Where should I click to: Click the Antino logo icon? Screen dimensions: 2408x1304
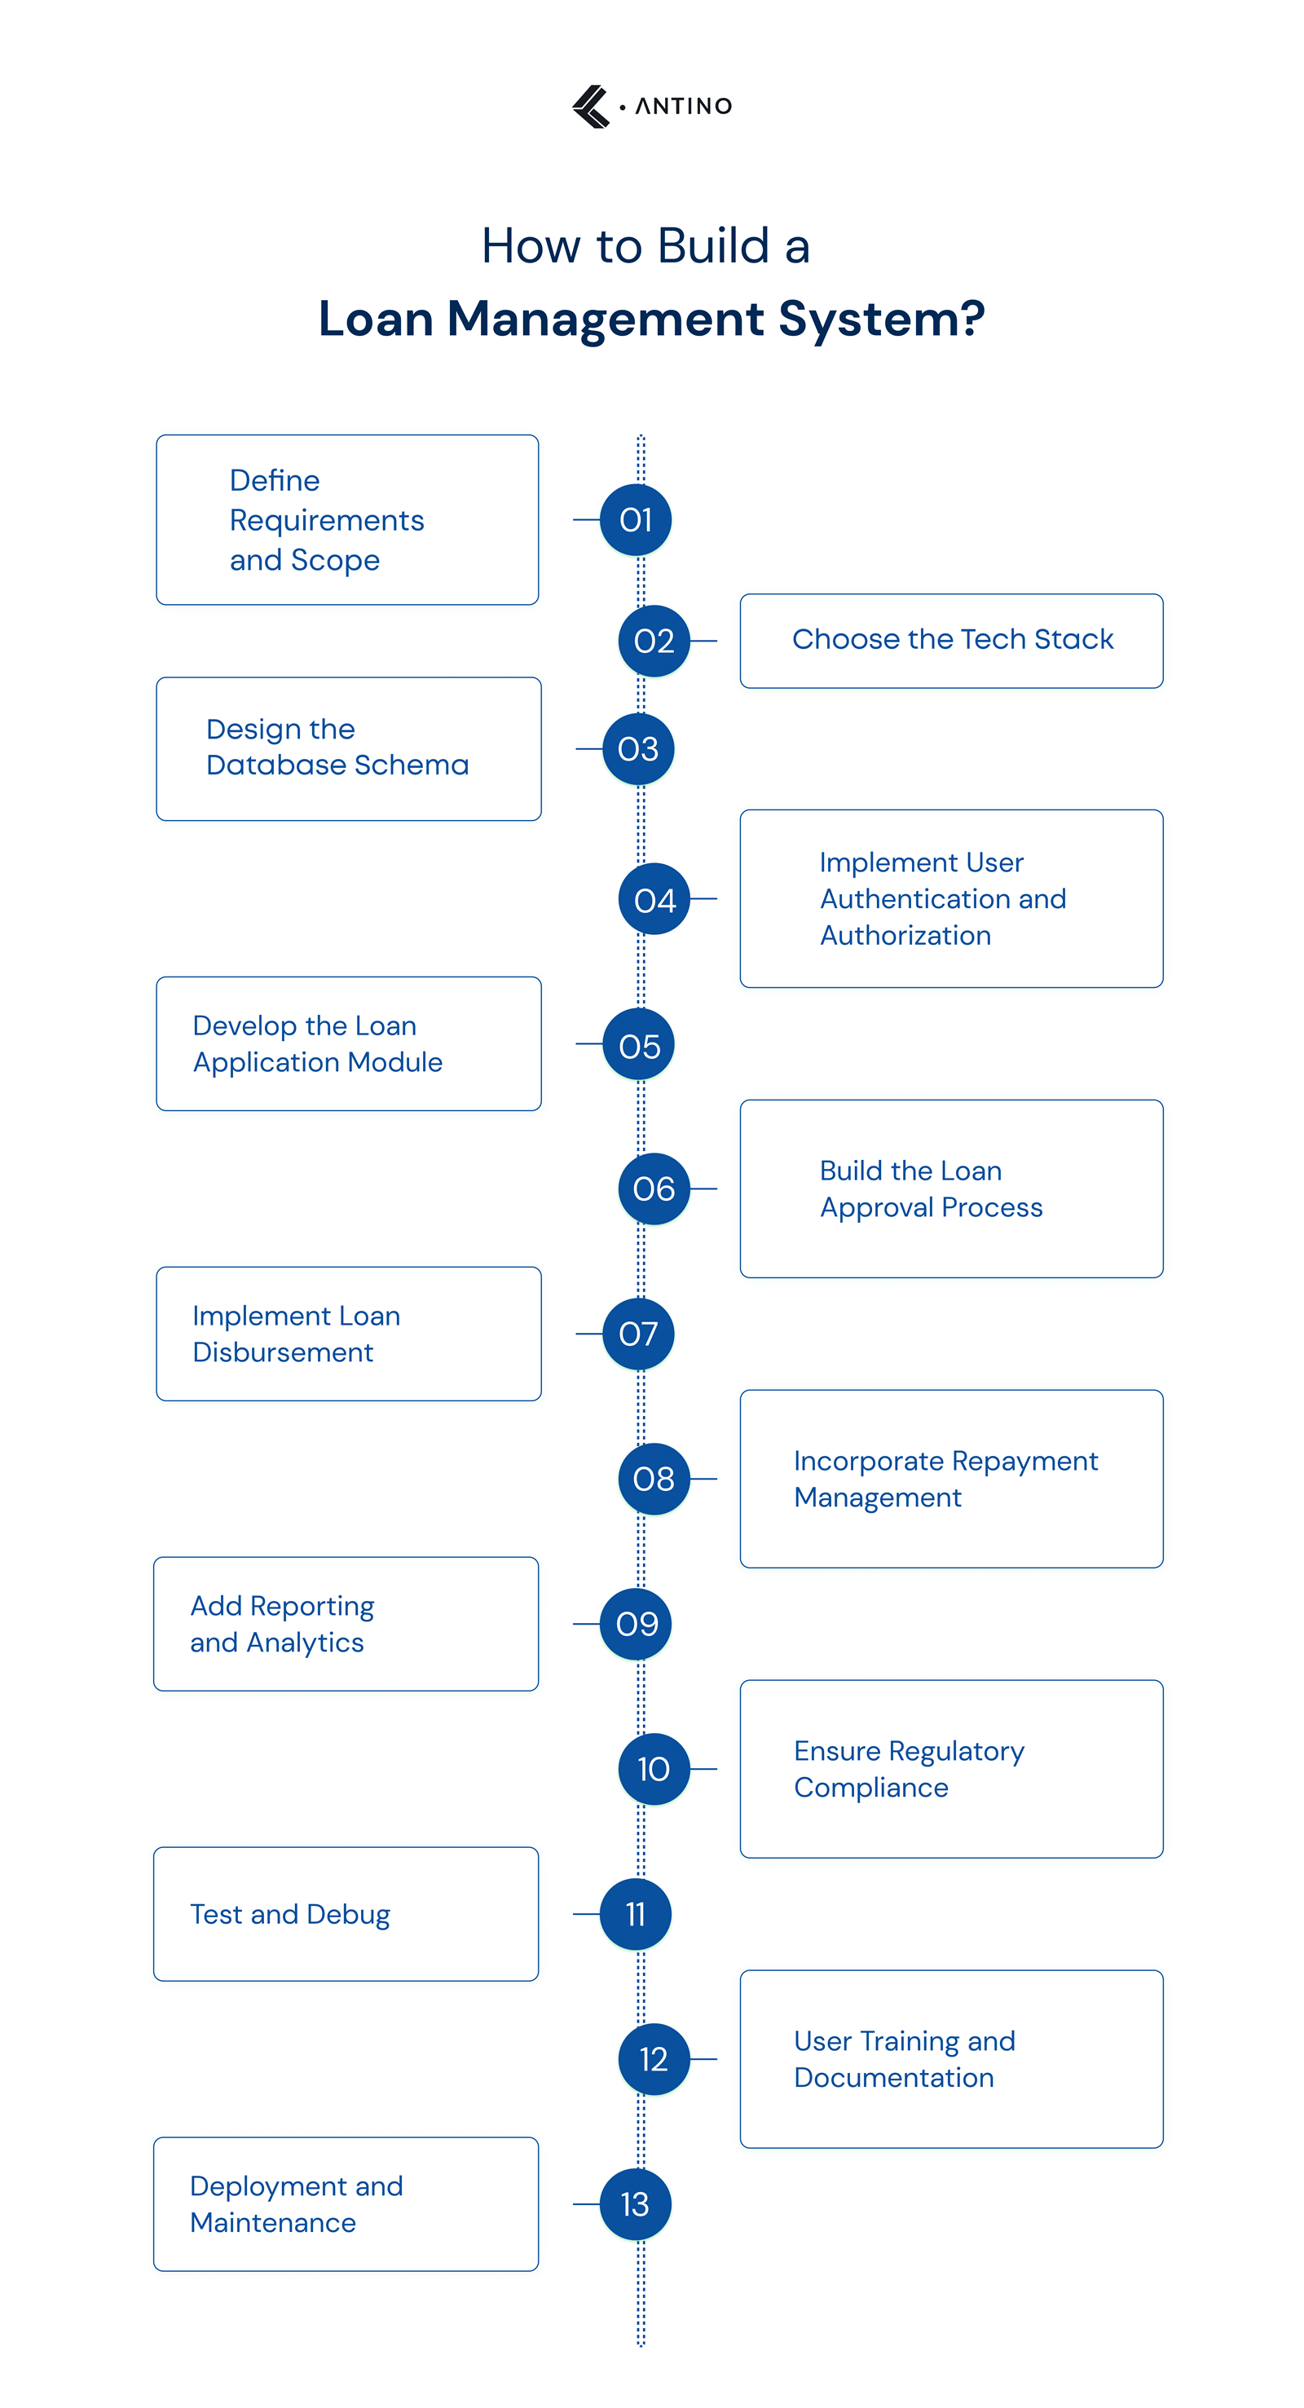coord(591,107)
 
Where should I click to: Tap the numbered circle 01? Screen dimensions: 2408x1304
coord(636,520)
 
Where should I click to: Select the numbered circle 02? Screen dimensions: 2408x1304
coord(654,642)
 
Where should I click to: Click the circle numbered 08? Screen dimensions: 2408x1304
coord(654,1479)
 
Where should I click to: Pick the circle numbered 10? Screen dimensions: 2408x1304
coord(654,1769)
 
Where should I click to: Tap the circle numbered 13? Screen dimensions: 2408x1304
coord(636,2204)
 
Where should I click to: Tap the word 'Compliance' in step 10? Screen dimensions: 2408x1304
coord(871,1788)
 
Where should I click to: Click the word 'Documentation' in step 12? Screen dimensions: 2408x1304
coord(893,2078)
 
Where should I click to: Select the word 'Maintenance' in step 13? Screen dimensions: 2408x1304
coord(273,2223)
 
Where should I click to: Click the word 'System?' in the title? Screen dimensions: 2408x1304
coord(882,320)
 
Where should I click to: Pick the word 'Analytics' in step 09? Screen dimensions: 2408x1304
coord(305,1643)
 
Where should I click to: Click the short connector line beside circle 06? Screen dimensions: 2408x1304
coord(704,1189)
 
